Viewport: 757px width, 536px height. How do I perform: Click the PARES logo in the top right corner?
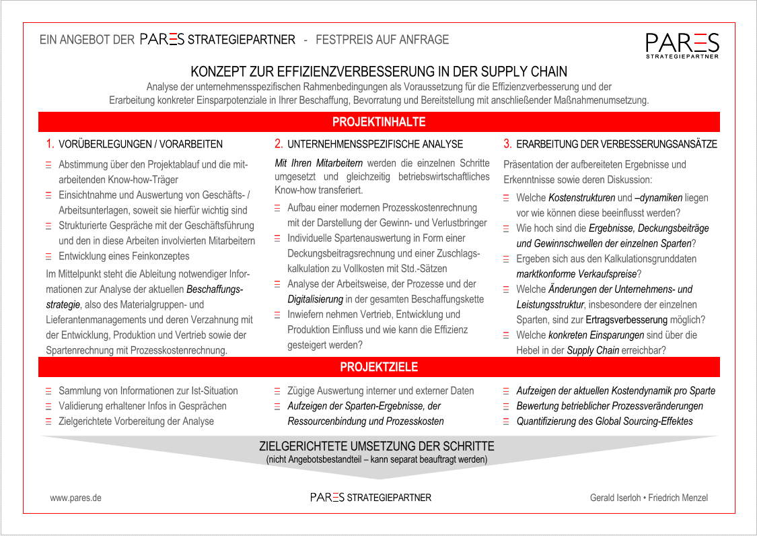coord(682,45)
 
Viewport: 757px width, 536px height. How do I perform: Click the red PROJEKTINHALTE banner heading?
coord(379,122)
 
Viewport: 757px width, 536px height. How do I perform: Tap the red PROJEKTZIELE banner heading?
coord(379,367)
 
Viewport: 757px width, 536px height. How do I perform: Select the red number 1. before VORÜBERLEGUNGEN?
coord(50,143)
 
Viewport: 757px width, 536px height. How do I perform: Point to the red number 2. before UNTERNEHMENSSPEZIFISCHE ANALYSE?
coord(279,143)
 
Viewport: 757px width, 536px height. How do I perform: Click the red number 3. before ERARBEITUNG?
coord(508,143)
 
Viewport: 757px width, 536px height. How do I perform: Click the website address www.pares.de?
coord(75,498)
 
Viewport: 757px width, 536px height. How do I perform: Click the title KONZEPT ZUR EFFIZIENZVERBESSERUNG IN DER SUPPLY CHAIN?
coord(379,71)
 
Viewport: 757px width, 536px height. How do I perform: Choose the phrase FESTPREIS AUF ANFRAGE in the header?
coord(382,40)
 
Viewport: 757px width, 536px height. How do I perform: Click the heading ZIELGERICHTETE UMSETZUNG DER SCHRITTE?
coord(377,446)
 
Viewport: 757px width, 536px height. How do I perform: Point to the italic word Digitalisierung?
coord(315,299)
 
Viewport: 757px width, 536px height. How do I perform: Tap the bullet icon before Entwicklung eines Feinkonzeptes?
coord(48,257)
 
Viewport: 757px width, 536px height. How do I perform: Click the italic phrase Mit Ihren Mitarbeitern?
coord(319,163)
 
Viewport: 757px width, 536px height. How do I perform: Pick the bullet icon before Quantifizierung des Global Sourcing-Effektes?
coord(507,422)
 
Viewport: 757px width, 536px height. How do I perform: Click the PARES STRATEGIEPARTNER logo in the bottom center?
coord(371,498)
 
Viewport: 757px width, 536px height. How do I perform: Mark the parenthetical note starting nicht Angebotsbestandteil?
coord(377,460)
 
